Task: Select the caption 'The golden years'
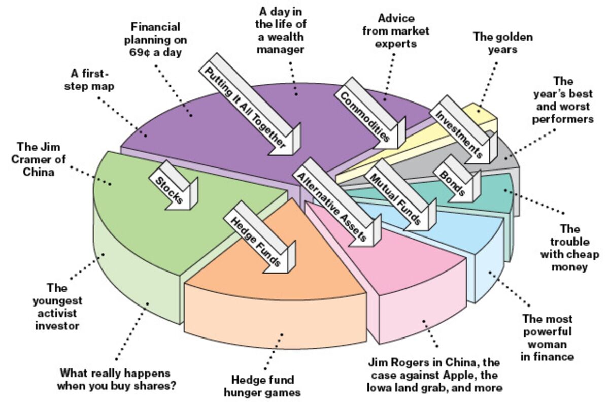tap(495, 43)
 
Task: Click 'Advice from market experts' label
tap(396, 30)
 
